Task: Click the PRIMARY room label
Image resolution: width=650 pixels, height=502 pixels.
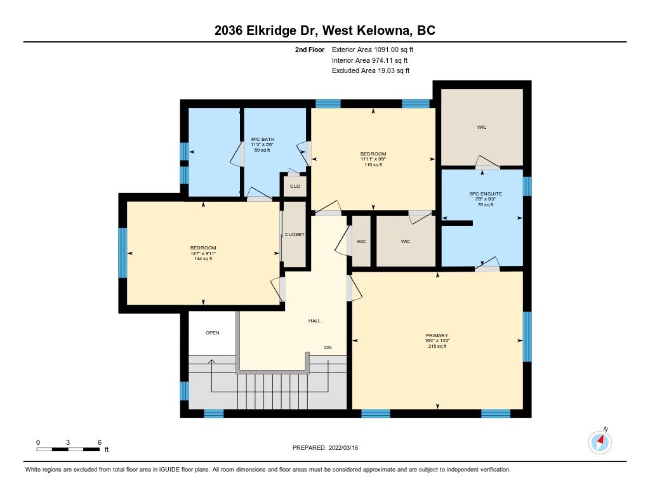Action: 437,335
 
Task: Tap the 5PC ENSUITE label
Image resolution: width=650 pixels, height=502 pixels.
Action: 486,194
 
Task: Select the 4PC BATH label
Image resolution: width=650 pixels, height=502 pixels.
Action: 262,139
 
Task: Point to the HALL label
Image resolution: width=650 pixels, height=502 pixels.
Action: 314,320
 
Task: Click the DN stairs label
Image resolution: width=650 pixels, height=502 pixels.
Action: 328,347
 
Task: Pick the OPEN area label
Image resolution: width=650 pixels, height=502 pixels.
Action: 212,333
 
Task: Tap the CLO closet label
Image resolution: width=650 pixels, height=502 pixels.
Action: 295,186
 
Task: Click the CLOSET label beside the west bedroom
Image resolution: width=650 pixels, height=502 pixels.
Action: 295,234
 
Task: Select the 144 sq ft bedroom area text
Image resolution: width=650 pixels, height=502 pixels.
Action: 203,259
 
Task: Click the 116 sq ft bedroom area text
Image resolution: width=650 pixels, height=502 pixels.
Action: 373,164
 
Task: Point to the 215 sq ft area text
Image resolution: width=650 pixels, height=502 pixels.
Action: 437,346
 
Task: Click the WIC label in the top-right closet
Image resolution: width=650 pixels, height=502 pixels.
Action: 482,128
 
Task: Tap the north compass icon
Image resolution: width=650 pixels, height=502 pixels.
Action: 600,442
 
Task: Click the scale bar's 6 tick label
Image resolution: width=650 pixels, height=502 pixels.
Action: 100,442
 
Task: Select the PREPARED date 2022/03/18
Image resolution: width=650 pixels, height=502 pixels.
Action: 343,447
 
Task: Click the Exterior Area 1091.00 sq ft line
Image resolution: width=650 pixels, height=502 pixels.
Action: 373,50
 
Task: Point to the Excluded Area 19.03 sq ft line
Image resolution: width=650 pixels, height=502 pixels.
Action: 371,70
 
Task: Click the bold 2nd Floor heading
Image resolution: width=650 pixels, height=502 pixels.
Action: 310,50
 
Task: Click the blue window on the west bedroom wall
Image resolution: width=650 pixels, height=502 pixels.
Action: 123,253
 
